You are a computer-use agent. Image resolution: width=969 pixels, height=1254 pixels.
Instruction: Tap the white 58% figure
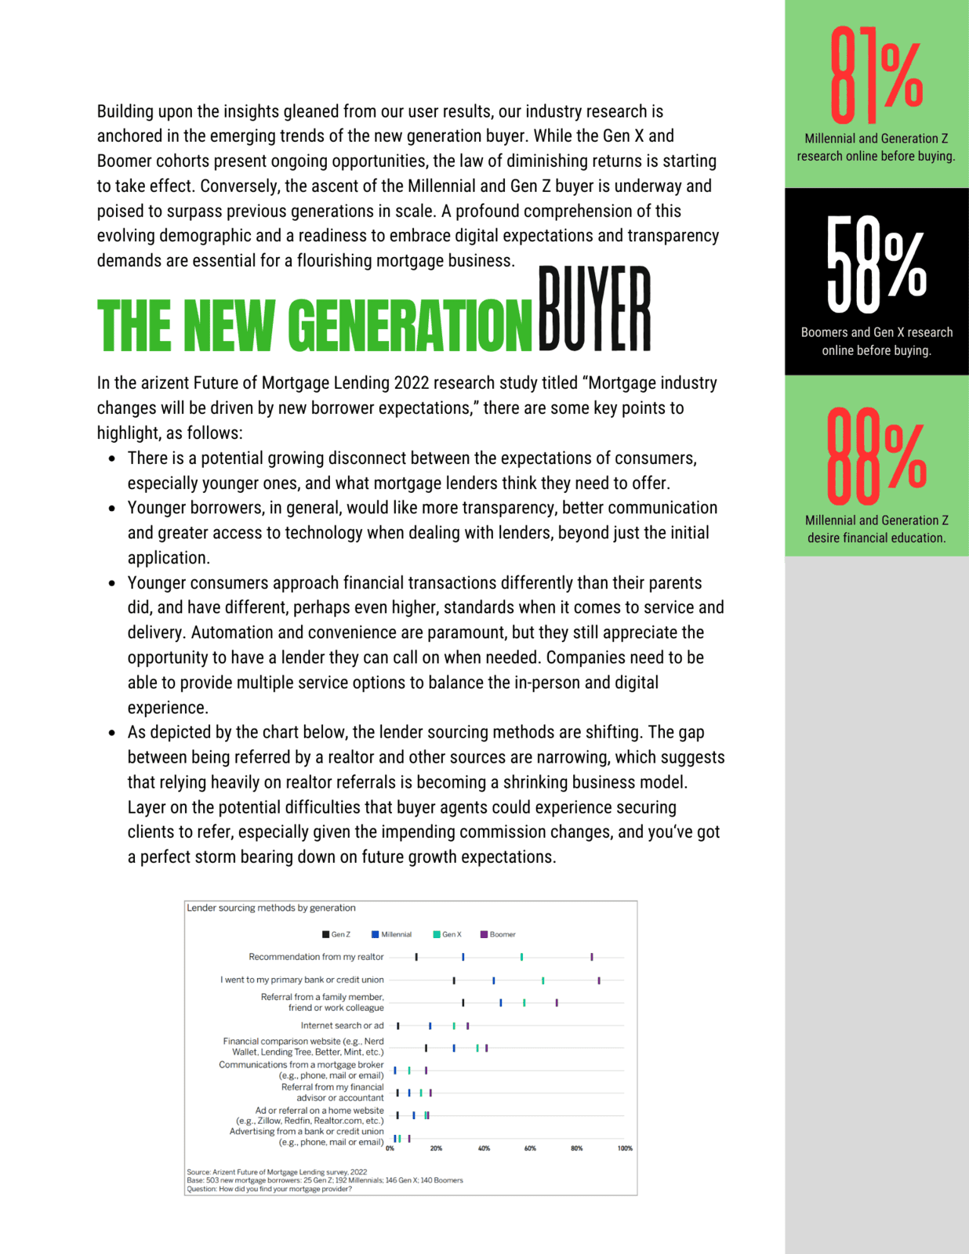876,265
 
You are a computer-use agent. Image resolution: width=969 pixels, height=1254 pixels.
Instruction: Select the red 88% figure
876,456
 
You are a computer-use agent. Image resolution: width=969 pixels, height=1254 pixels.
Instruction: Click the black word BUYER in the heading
594,309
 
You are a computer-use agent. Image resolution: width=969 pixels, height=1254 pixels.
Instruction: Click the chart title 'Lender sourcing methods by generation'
271,908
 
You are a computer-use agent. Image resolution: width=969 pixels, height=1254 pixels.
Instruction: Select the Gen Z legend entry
336,934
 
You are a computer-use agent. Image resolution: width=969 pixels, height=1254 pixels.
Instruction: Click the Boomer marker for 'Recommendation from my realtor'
592,957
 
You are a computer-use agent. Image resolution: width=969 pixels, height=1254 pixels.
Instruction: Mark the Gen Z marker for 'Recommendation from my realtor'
416,957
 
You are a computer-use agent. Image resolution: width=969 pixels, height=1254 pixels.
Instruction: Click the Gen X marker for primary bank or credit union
543,980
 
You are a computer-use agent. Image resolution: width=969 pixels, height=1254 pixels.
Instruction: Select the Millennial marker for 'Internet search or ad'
430,1026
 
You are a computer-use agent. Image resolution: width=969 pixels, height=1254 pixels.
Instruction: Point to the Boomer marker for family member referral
557,1002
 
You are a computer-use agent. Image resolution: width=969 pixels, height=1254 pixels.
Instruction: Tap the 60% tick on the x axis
530,1148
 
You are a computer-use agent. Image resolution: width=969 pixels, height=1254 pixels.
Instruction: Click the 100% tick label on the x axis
625,1148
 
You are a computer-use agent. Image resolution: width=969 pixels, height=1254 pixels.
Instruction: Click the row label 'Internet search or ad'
342,1025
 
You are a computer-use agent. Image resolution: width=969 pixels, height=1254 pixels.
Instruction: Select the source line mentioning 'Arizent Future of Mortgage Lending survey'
277,1172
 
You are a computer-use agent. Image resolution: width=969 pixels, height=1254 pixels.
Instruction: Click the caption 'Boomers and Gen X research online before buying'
876,341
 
